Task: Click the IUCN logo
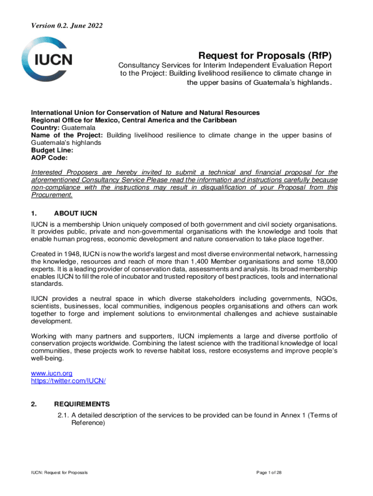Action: pos(53,60)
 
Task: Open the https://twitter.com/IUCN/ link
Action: pos(68,381)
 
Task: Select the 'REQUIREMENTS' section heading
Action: pos(82,404)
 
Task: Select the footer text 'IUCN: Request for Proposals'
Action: pos(60,472)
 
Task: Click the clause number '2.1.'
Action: pos(62,415)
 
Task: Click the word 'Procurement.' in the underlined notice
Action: pos(52,195)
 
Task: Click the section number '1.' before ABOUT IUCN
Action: pos(34,212)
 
